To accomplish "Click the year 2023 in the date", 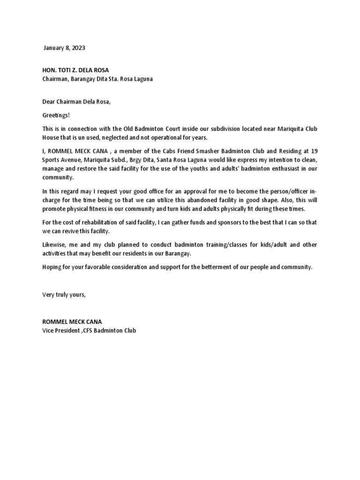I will [x=78, y=48].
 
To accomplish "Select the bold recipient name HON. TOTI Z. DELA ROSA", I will [x=75, y=70].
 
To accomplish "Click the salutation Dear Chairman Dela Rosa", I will [x=77, y=102].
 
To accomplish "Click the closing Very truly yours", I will [x=64, y=294].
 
